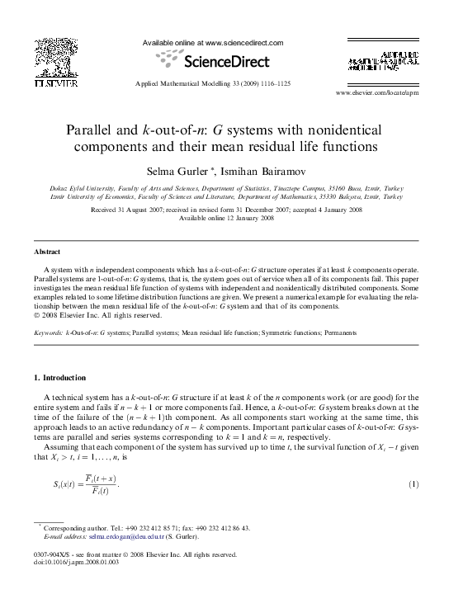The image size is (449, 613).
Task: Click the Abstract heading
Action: click(47, 251)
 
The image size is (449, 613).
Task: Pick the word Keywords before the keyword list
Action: click(48, 332)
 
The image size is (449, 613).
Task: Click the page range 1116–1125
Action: click(272, 83)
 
